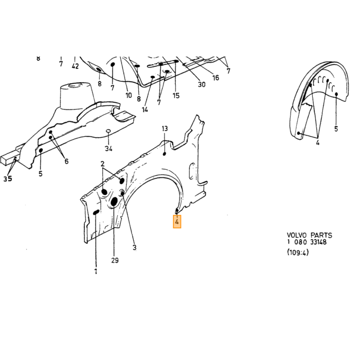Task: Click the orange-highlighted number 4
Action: [177, 222]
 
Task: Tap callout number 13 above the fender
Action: [165, 129]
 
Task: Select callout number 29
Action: [115, 260]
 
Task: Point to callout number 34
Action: [109, 149]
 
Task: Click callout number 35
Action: [8, 178]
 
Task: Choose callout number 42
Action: [75, 66]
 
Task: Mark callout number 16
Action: [215, 78]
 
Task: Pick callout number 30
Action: [202, 84]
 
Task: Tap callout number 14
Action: [145, 110]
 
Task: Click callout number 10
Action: [129, 95]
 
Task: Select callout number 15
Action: [176, 96]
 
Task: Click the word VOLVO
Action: [296, 235]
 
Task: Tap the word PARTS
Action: [321, 235]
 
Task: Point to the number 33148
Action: [318, 242]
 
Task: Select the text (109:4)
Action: [298, 253]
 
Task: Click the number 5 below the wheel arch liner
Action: [336, 129]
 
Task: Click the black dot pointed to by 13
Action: [165, 154]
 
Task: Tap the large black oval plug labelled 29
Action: [114, 202]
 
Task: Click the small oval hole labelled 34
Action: [108, 131]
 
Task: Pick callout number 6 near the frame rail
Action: [66, 161]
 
